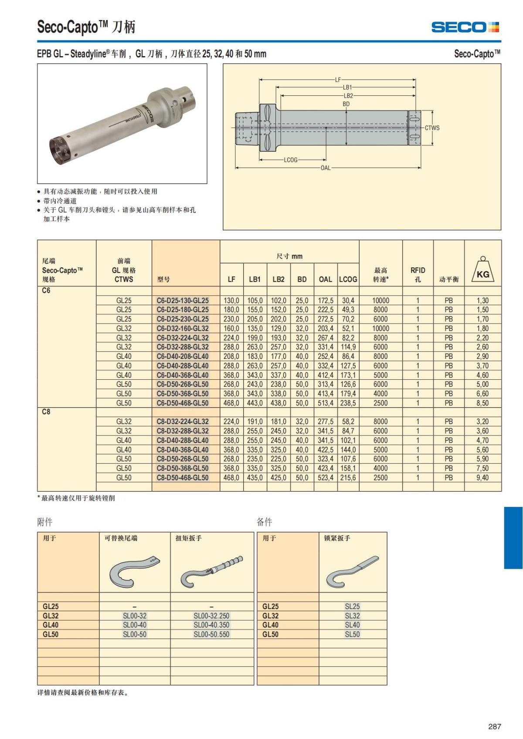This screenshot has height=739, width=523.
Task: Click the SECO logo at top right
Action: (465, 27)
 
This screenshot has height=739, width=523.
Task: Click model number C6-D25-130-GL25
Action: (183, 300)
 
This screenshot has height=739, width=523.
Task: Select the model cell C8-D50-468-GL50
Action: (183, 478)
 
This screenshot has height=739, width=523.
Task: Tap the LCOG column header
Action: (348, 279)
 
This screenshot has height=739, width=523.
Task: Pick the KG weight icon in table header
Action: (483, 271)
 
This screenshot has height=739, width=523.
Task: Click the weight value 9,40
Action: (482, 478)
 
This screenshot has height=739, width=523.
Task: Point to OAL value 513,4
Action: (325, 403)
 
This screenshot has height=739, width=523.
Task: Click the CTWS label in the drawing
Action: (432, 128)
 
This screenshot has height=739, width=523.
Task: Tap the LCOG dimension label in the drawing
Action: (291, 160)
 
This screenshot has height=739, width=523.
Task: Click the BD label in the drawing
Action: (346, 104)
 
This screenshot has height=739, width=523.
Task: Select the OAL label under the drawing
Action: (325, 168)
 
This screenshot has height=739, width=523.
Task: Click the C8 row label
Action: (46, 412)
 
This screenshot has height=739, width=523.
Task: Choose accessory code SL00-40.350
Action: (211, 625)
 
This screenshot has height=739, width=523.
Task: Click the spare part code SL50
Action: (352, 634)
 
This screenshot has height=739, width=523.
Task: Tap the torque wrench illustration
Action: (212, 570)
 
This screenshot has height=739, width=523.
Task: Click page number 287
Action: (494, 726)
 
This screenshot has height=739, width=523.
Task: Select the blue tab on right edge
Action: (513, 537)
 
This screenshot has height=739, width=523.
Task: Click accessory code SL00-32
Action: (135, 616)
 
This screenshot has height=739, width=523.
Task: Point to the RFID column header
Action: (418, 274)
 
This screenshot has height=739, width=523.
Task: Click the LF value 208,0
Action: (231, 356)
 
